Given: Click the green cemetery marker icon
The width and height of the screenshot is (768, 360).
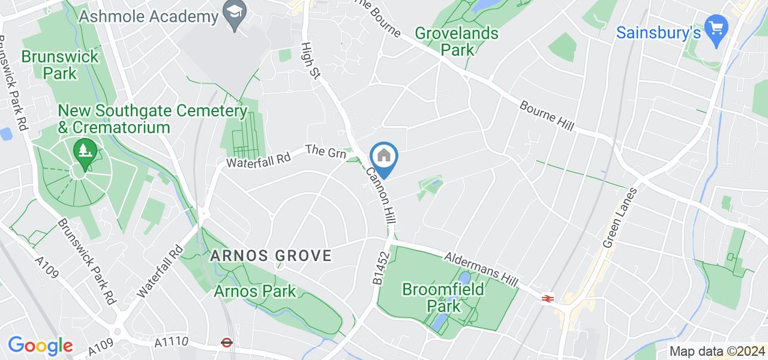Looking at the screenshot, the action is point(85,149).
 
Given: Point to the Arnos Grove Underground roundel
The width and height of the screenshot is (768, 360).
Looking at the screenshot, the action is point(226,343).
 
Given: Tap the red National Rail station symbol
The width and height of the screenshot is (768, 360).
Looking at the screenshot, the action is point(547,298).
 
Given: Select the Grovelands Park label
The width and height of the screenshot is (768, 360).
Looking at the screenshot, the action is point(457,41).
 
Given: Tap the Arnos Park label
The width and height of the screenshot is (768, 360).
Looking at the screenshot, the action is point(255,292).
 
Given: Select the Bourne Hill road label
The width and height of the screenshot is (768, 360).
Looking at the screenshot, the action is point(547,116).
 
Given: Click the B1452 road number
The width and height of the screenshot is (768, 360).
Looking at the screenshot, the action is point(380,268).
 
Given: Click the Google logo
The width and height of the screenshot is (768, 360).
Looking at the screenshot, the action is point(40,346).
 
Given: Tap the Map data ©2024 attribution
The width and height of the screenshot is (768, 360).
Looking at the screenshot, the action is point(717,352).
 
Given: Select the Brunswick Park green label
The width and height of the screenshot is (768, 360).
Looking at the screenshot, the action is point(51,65).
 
